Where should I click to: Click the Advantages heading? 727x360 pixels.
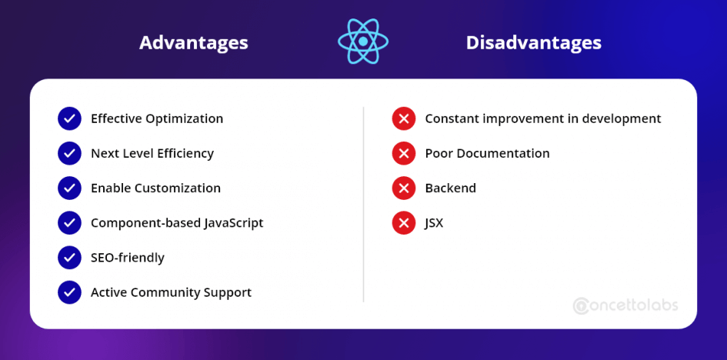click(194, 43)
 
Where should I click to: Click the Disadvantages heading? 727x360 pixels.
click(534, 43)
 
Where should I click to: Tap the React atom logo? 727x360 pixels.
click(363, 42)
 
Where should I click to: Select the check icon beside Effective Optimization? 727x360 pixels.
click(69, 118)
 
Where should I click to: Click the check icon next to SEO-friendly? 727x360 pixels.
click(69, 258)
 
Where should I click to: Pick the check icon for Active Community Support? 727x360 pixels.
click(69, 292)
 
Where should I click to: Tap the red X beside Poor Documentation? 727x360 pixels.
click(404, 153)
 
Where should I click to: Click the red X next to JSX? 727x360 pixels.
click(404, 223)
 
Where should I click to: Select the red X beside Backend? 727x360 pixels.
click(404, 188)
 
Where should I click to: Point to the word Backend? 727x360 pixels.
click(451, 188)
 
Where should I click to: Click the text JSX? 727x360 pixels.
click(434, 223)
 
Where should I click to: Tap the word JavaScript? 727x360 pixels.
click(234, 223)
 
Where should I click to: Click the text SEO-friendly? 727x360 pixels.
click(128, 258)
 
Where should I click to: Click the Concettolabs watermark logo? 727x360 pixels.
click(625, 305)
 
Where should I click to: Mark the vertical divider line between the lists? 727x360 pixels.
click(363, 205)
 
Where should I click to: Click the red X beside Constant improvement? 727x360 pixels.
click(404, 118)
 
